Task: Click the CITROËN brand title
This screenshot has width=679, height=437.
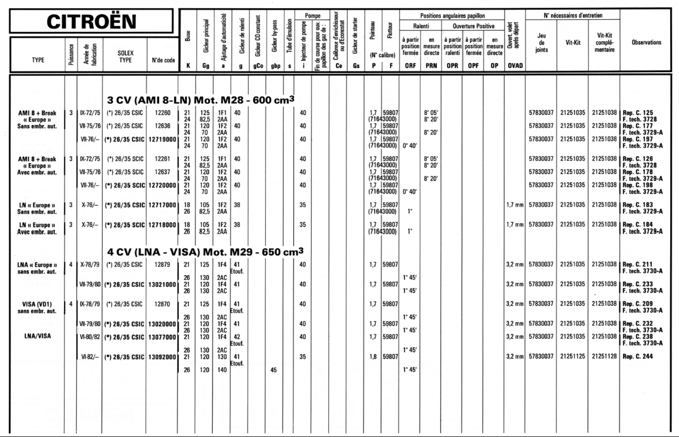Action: tap(91, 22)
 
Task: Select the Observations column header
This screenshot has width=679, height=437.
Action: tap(646, 42)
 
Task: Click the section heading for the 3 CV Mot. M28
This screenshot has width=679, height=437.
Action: tap(201, 99)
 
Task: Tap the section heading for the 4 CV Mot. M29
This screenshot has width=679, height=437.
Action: tap(205, 252)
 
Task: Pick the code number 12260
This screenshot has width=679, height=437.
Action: tap(163, 113)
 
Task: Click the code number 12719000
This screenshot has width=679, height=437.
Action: tap(163, 139)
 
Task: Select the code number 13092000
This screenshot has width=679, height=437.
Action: tap(163, 357)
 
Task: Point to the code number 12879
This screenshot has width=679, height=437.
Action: tap(163, 265)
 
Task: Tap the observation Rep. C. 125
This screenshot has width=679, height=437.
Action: tap(638, 113)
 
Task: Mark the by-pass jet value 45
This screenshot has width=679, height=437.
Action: tap(274, 370)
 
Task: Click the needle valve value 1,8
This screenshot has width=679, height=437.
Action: tap(373, 357)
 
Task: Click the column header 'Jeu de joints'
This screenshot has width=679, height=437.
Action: tap(541, 43)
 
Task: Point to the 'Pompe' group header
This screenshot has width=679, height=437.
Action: tap(313, 16)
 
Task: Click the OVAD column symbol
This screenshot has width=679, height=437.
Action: tap(514, 66)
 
